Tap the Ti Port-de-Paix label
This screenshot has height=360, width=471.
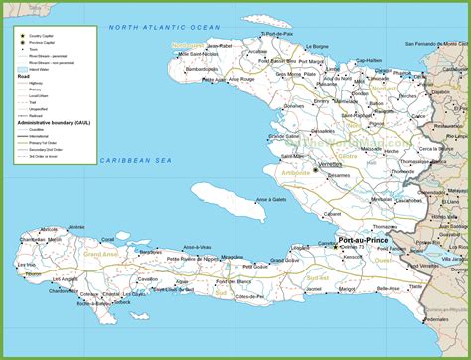click(277, 34)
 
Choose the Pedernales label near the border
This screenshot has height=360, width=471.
click(436, 319)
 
